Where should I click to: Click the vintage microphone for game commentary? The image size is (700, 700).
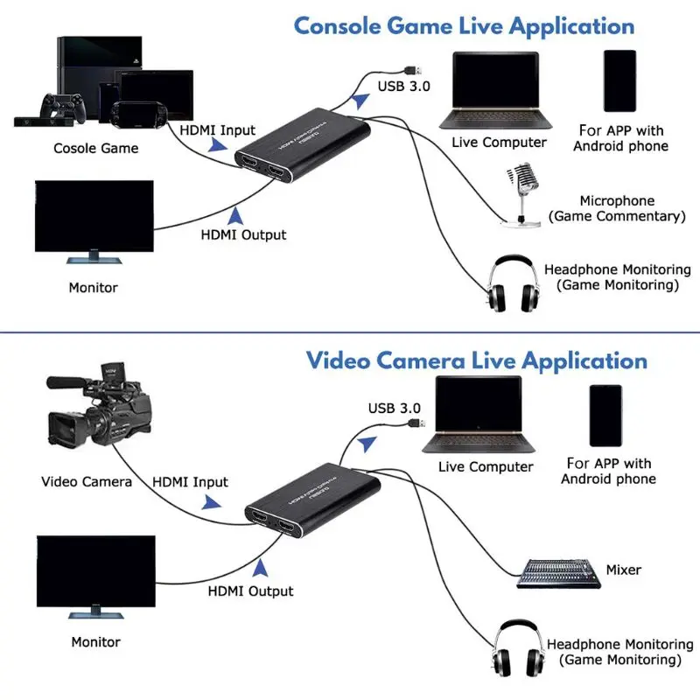521,194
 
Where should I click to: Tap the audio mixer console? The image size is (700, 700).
558,574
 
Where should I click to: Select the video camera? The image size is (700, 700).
99,405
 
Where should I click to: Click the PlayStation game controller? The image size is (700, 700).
63,107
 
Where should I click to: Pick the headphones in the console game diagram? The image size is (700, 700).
512,283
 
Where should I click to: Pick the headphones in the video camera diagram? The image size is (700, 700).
518,648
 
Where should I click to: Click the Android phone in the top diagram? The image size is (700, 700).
619,80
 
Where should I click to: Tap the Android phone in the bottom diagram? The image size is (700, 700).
605,416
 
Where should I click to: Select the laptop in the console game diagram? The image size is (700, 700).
495,91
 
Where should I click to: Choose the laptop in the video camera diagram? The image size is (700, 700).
479,415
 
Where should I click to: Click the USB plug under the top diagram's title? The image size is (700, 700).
413,71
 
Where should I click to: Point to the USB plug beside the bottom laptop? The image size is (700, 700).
416,423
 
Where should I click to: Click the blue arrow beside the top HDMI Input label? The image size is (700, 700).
218,145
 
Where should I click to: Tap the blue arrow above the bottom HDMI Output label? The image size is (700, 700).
260,568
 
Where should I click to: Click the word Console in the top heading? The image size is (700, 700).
338,25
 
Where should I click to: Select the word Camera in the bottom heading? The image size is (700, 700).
421,360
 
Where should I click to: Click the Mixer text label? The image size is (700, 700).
623,570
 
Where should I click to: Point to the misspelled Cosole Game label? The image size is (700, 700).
96,148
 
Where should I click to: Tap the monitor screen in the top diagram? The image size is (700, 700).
94,216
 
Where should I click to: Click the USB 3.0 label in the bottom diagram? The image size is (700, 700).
395,408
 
